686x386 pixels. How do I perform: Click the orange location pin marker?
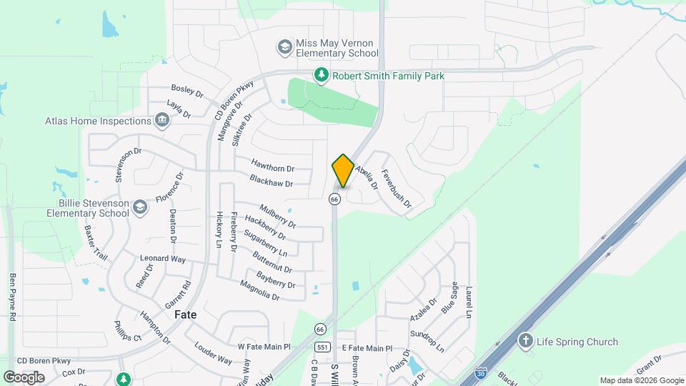(343, 171)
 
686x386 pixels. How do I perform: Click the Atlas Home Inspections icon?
(162, 121)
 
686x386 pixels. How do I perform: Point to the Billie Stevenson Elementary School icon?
(141, 207)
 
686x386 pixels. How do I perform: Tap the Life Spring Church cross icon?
(526, 341)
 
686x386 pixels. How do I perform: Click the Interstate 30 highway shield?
(482, 374)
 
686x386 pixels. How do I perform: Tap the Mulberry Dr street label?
(277, 215)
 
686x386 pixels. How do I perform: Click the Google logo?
(24, 377)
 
